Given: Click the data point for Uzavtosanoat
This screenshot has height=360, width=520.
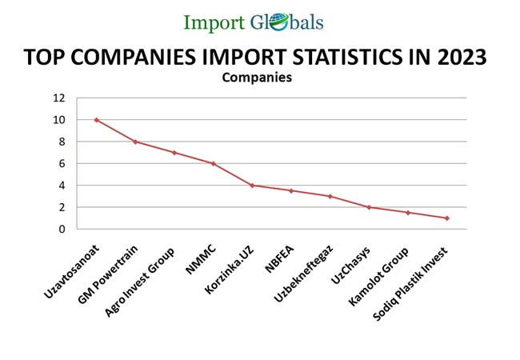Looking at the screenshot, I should [x=96, y=120].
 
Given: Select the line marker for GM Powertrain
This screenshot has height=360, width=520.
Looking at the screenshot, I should [x=135, y=142].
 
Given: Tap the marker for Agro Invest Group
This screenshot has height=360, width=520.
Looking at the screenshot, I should [x=174, y=153].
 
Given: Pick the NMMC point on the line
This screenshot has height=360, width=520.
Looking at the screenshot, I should [x=213, y=164].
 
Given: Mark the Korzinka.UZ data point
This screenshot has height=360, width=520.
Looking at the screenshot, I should [x=252, y=186].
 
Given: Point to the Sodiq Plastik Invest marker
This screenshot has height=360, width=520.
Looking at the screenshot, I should [x=447, y=218].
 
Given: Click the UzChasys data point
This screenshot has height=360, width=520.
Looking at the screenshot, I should [x=369, y=207].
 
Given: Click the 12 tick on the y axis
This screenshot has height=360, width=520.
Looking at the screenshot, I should [x=59, y=98].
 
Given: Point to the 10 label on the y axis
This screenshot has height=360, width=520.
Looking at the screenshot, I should [x=59, y=120].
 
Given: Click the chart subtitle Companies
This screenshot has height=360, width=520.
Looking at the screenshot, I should [x=256, y=78].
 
